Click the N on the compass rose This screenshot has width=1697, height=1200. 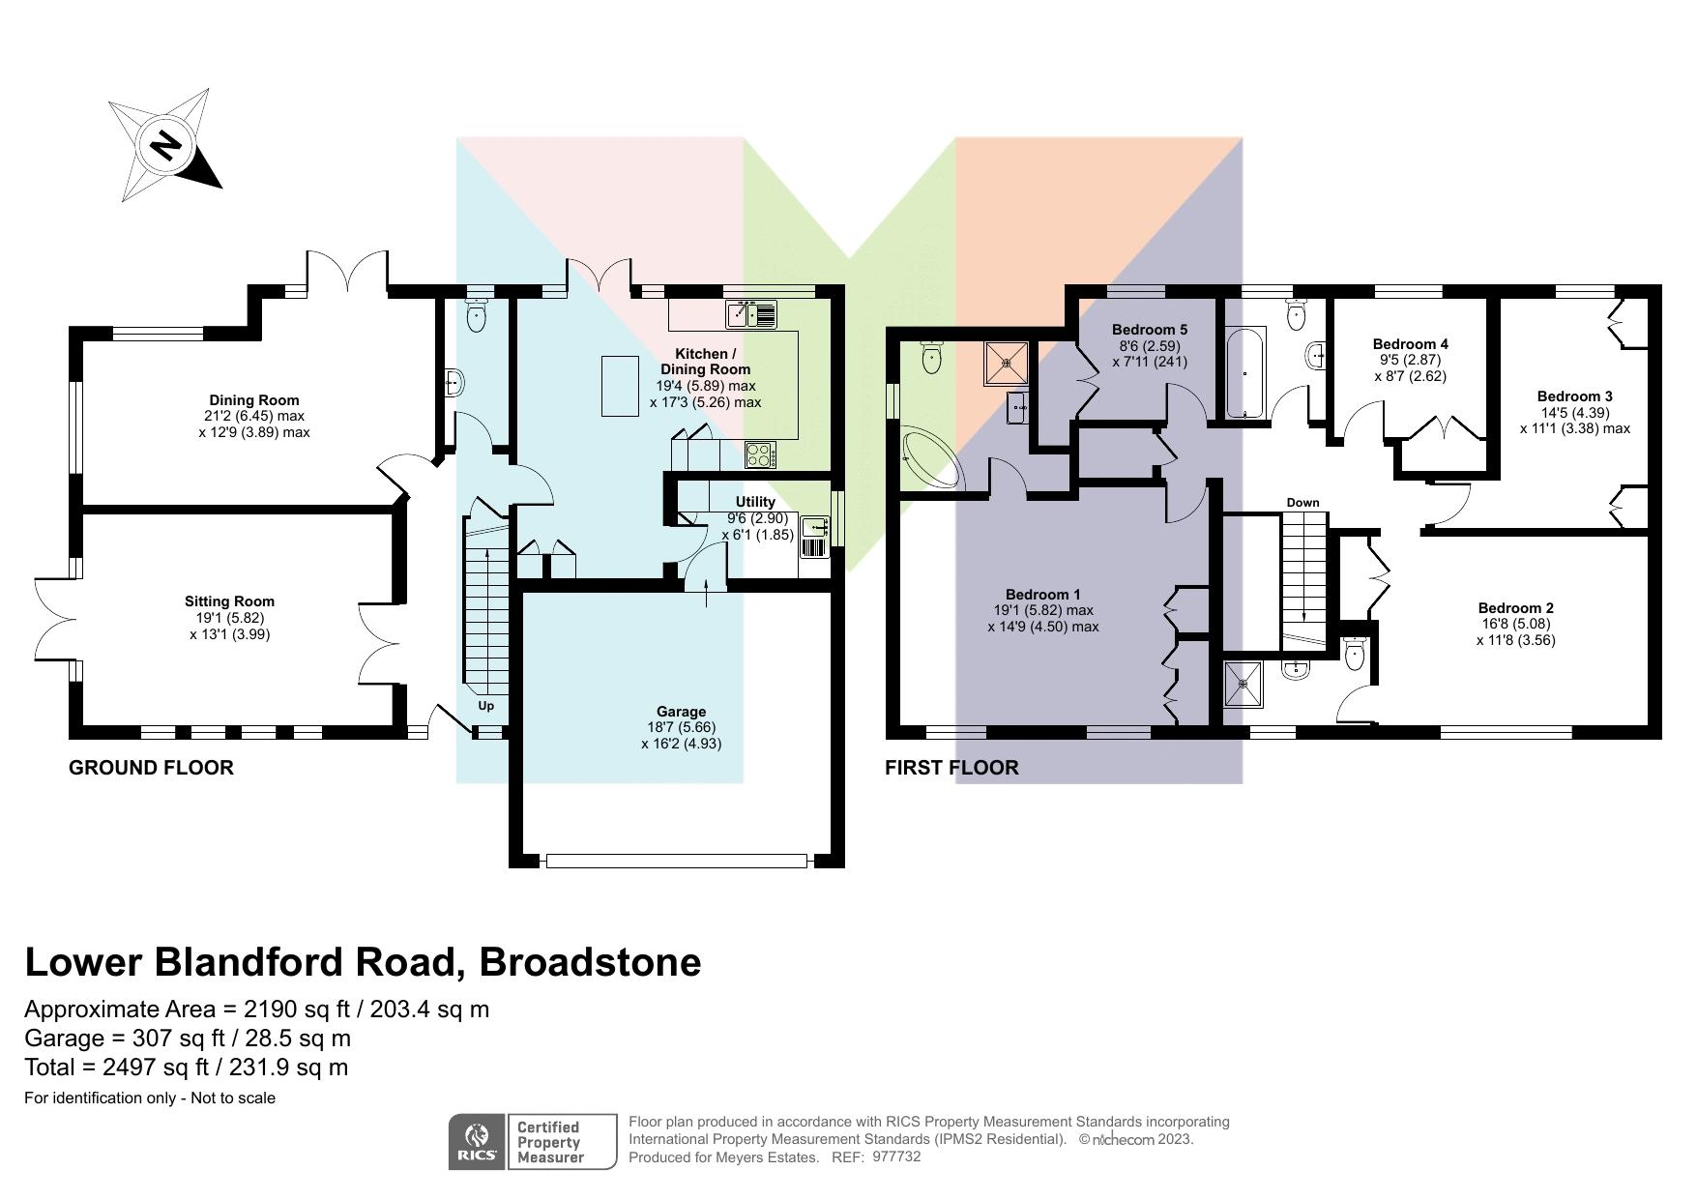(x=165, y=145)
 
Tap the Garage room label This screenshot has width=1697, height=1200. (x=681, y=712)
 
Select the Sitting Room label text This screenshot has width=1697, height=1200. (x=229, y=601)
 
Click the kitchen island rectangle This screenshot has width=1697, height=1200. (x=620, y=386)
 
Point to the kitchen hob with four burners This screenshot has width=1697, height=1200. (x=761, y=454)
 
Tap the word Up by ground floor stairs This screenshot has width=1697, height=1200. (x=486, y=706)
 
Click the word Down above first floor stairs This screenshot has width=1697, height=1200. (x=1302, y=503)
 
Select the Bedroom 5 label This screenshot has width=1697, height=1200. (x=1149, y=330)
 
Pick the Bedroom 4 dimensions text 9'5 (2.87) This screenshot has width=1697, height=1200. (x=1410, y=360)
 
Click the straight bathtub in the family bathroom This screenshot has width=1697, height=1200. (x=1243, y=372)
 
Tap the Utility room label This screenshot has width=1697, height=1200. (x=755, y=502)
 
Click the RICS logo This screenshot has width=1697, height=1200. (x=477, y=1142)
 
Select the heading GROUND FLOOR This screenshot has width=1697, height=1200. (x=151, y=768)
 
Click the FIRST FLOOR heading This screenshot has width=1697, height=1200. (x=951, y=768)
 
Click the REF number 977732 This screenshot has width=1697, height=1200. (x=896, y=1156)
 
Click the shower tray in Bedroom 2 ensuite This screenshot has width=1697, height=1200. (x=1243, y=684)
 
